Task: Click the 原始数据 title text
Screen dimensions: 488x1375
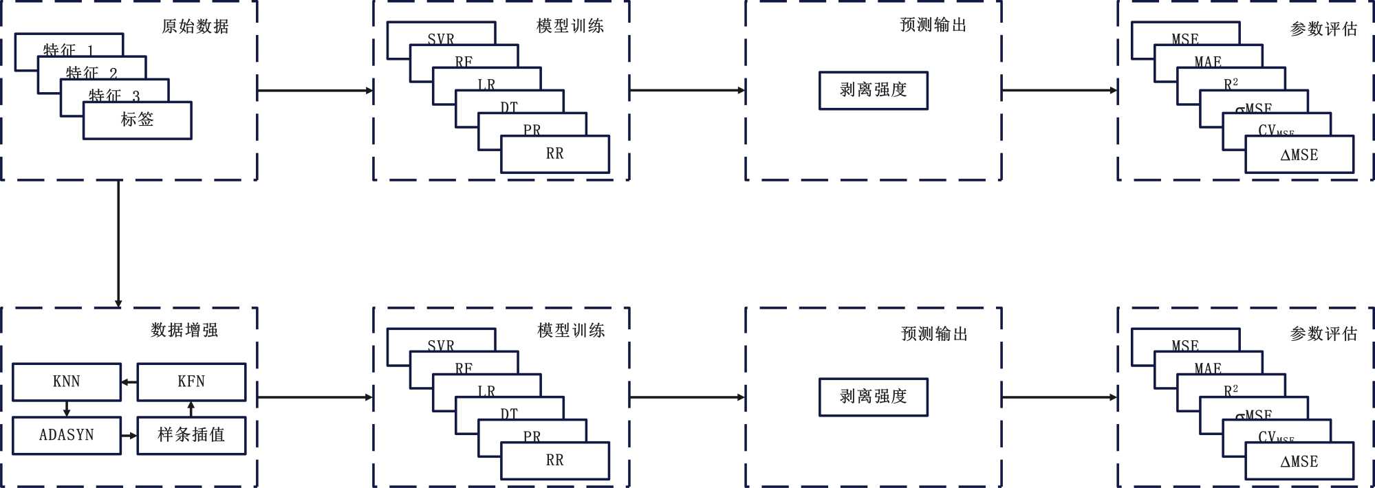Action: coord(195,27)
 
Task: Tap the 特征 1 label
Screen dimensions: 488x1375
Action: coord(67,49)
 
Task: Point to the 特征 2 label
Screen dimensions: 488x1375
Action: coord(91,72)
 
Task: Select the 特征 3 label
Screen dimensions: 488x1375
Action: coord(113,95)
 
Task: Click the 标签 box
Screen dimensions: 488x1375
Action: coord(138,120)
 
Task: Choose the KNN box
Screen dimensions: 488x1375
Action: coord(67,382)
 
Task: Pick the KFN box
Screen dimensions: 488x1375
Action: coord(191,382)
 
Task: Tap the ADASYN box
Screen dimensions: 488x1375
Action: coord(67,435)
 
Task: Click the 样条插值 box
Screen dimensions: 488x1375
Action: coord(191,435)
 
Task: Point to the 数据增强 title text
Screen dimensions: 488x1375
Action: coord(184,331)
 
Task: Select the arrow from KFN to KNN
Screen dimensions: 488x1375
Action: coord(129,382)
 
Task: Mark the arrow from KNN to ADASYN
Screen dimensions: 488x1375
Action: coord(67,409)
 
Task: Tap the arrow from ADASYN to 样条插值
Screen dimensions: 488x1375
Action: coord(129,435)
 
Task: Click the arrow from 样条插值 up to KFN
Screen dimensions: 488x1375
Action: coord(191,409)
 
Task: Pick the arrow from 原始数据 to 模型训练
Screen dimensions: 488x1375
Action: coord(315,90)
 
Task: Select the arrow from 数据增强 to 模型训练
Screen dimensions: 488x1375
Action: coord(315,397)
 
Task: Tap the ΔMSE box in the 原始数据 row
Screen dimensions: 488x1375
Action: coord(1299,155)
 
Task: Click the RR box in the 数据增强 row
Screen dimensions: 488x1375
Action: coord(555,461)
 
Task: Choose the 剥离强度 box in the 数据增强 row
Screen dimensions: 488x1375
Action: coord(873,397)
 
